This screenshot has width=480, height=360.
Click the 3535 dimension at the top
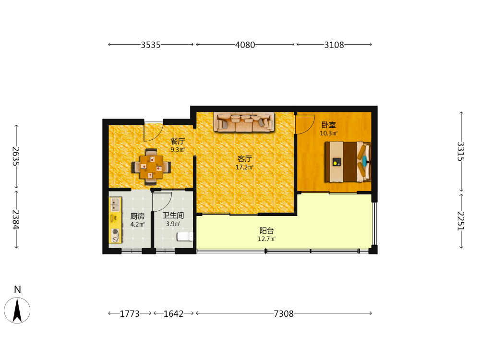151,45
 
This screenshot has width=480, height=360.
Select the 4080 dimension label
245,45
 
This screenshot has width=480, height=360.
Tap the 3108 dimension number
334,45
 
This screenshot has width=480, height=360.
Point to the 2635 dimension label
16,156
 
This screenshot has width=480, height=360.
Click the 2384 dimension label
16,219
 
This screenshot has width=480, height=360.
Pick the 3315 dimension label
461,152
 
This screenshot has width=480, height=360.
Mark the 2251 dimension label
461,221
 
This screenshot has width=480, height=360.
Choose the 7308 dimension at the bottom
284,314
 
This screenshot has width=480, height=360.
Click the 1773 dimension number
130,314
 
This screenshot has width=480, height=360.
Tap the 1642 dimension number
173,314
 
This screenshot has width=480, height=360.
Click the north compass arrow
17,310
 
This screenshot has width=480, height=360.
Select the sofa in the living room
244,122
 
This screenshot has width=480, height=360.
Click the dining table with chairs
151,167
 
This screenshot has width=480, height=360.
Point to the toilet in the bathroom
185,236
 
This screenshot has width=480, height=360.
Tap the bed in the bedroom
348,162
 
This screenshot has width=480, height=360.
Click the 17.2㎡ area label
244,167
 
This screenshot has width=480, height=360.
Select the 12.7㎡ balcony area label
266,239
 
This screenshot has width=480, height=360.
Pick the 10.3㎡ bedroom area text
329,133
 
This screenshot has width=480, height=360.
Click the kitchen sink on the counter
115,204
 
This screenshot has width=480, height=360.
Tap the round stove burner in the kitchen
115,232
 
